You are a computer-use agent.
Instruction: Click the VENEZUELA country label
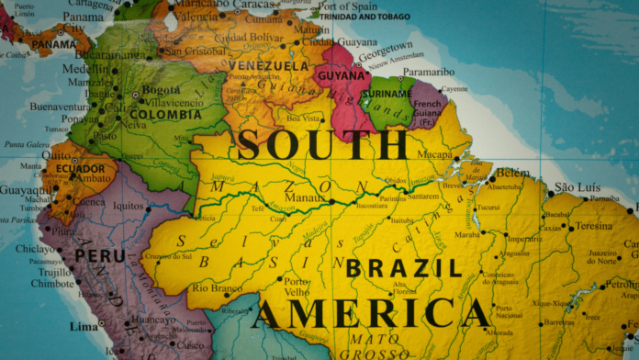268,66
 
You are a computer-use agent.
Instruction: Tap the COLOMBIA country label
165,115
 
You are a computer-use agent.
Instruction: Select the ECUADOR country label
80,169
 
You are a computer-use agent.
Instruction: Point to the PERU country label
99,255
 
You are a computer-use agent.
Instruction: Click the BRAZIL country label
402,268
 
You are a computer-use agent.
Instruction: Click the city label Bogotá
162,90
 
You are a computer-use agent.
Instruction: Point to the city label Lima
84,326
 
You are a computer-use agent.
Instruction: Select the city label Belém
512,173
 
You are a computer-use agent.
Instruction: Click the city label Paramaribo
429,72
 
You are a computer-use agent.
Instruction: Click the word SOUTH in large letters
322,145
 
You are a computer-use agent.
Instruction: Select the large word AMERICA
372,314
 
